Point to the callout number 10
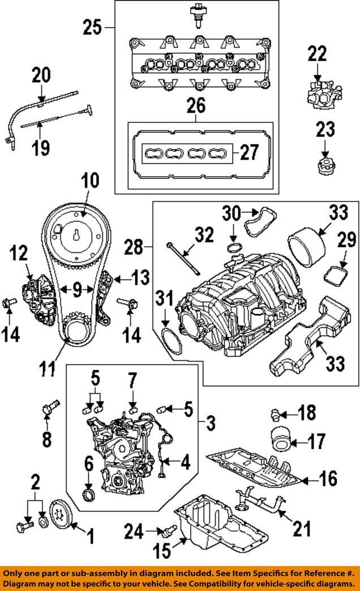pos(89,182)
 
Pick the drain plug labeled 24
pos(167,530)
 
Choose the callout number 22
pos(318,54)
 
